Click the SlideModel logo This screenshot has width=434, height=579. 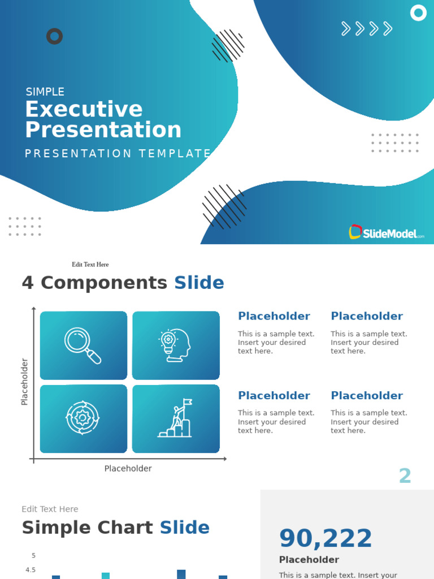tap(387, 232)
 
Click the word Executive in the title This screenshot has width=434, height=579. tap(84, 109)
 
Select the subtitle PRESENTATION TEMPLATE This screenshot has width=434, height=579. tap(118, 154)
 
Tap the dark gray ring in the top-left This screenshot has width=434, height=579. tap(54, 37)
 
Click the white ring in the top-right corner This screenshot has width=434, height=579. tap(418, 12)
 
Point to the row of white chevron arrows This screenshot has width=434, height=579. tap(367, 29)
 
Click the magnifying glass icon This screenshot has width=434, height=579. tap(83, 345)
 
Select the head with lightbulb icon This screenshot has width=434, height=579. tap(176, 345)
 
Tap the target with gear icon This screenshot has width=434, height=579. tap(83, 418)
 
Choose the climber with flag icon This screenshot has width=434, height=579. tap(176, 418)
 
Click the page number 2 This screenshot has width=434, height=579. tap(405, 476)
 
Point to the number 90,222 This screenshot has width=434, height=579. tap(325, 538)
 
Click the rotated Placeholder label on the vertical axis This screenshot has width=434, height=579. tap(24, 382)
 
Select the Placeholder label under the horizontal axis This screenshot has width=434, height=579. tap(128, 469)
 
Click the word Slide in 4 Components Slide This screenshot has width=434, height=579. tap(199, 283)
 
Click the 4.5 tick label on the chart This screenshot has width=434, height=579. tap(31, 570)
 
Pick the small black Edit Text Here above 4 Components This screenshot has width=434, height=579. tap(90, 265)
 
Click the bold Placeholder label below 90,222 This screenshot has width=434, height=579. tap(309, 560)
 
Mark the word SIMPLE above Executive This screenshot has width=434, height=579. tap(45, 92)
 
